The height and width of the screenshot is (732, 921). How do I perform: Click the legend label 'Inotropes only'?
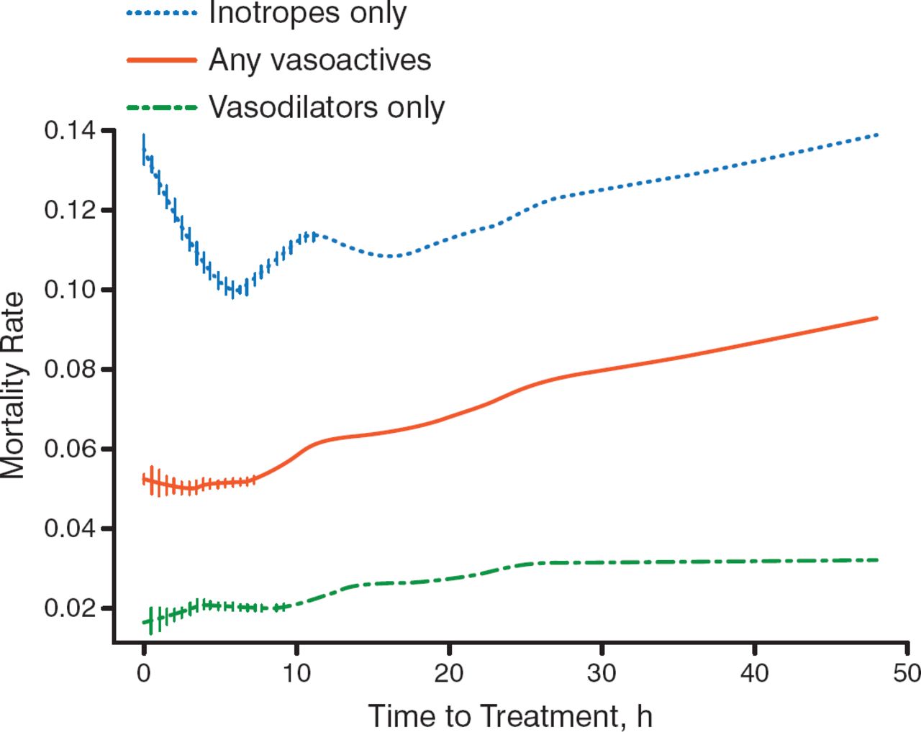coord(307,13)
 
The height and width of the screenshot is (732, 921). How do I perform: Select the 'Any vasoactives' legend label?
coord(319,60)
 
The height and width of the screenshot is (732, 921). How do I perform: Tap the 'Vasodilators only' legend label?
coord(327,107)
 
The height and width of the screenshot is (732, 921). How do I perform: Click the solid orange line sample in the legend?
coord(161,60)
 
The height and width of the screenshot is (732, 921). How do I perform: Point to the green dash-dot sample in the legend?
coord(161,108)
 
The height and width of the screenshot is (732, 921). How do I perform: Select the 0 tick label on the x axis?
coord(144,673)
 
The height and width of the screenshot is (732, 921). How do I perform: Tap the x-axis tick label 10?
coord(296,673)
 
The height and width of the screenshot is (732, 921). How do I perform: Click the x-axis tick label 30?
coord(602,673)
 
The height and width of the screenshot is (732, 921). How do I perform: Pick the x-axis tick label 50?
coord(906,673)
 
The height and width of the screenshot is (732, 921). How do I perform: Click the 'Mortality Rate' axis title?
coord(13,385)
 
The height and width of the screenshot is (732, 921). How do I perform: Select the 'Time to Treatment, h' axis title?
coord(510,716)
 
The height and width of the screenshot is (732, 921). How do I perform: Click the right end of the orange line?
coord(877,318)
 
